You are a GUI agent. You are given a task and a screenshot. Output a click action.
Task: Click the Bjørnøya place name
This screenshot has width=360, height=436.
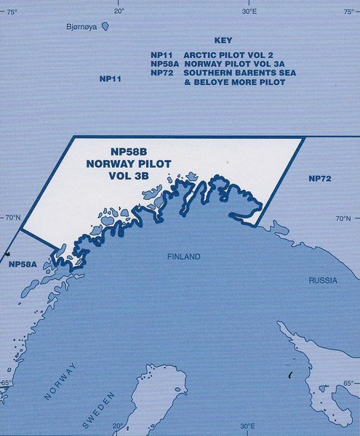pos(81,27)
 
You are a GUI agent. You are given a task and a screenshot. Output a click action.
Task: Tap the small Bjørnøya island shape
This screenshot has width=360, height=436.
pos(105,26)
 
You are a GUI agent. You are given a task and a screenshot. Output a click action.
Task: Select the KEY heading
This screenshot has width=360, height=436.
pos(223,41)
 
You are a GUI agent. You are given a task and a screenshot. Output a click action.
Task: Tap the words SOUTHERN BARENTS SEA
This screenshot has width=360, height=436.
pos(234,73)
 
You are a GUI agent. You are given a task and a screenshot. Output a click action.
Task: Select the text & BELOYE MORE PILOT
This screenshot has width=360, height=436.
pos(234,83)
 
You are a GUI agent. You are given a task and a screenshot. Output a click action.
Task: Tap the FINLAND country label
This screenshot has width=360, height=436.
pos(183,257)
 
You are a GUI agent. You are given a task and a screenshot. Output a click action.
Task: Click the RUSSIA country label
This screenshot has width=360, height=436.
pos(322,280)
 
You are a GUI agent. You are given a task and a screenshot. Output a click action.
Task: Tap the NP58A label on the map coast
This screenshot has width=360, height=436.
pos(21,266)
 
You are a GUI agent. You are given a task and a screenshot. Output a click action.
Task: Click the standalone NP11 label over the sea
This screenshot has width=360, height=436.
pos(110,78)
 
